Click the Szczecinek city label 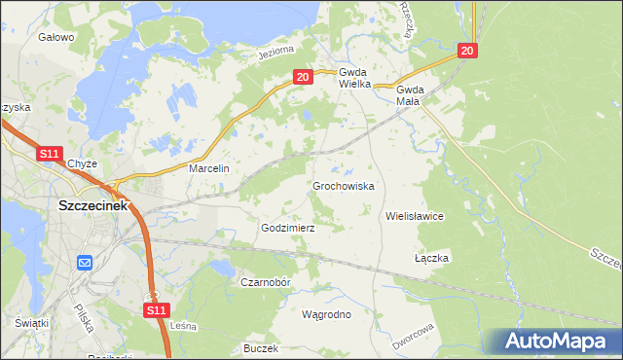[x=93, y=205]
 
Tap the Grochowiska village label [x=343, y=185]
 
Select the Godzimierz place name [x=288, y=228]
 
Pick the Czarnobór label [x=266, y=282]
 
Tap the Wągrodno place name [x=333, y=314]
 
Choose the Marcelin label [x=208, y=168]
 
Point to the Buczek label [x=262, y=347]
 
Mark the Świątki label [x=32, y=322]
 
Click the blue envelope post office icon [x=84, y=262]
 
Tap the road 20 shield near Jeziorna [x=302, y=76]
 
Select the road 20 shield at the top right [x=468, y=51]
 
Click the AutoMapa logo [x=556, y=341]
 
